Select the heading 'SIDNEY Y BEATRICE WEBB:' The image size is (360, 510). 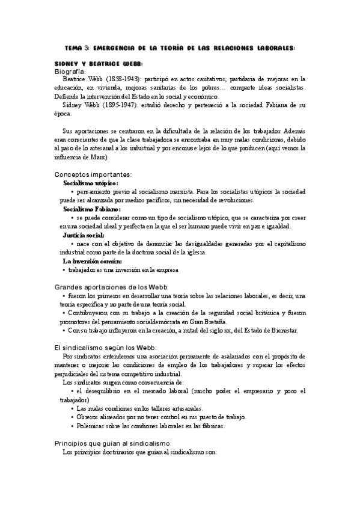[99, 63]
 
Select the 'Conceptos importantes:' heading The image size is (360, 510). [91, 174]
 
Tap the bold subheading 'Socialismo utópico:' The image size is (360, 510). [91, 183]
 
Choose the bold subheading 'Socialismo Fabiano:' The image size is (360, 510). [91, 209]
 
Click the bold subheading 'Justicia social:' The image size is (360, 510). [84, 235]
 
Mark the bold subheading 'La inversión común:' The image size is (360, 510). [93, 262]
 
